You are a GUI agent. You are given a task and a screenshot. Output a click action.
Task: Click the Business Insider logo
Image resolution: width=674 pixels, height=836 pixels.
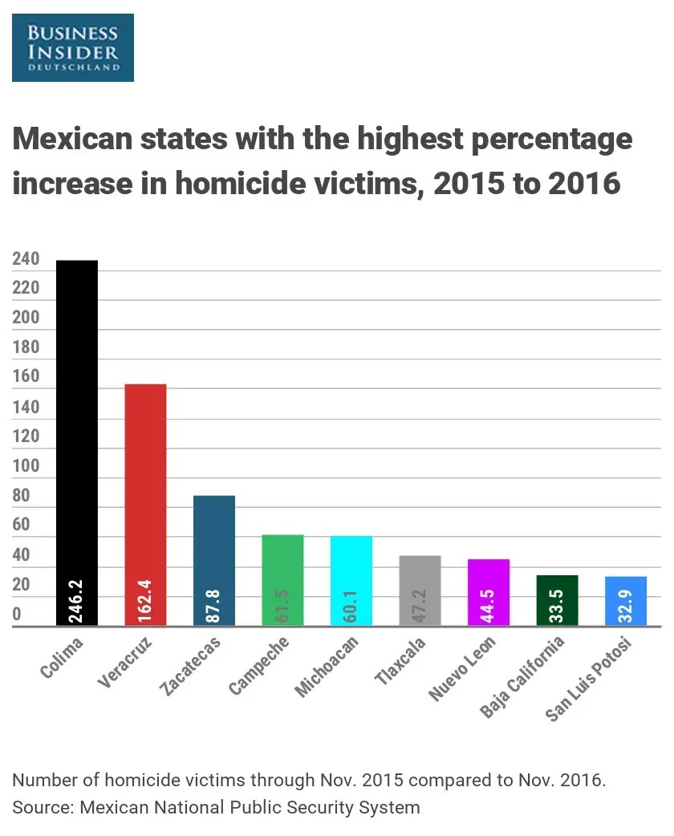[73, 47]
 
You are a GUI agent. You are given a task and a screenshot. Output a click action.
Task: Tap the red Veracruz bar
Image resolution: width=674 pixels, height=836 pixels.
[145, 481]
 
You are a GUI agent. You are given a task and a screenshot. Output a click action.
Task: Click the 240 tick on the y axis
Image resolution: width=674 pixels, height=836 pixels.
[26, 259]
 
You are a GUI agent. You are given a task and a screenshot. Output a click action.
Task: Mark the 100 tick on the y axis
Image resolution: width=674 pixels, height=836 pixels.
[26, 467]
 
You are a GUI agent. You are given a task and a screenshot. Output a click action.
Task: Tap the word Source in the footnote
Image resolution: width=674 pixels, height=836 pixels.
[41, 807]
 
